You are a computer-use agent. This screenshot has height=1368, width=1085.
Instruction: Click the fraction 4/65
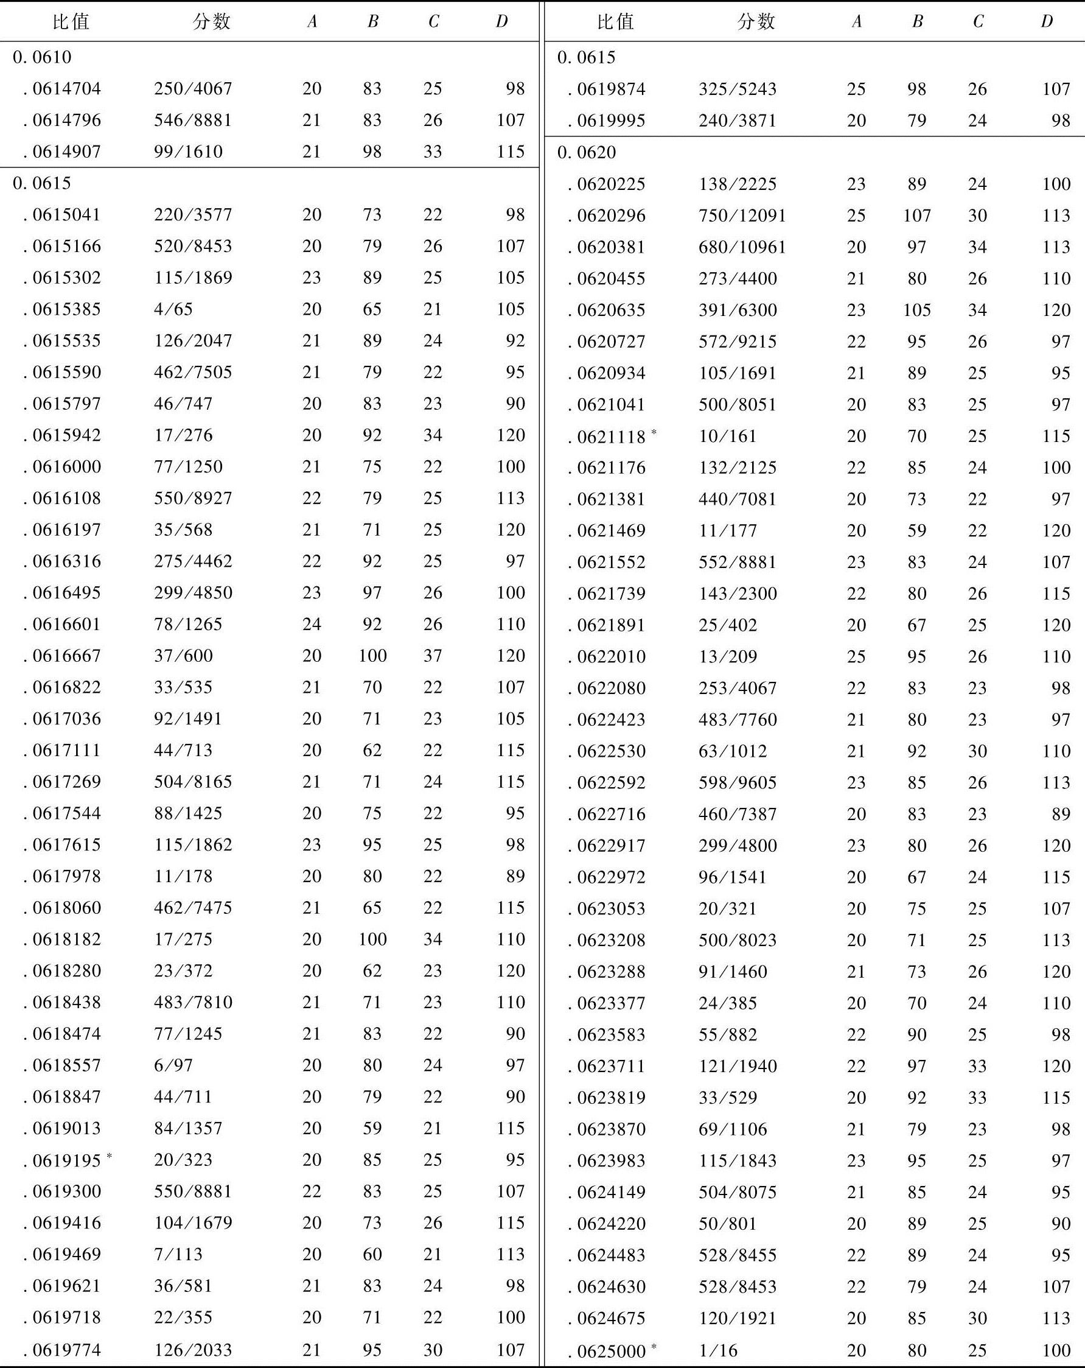(x=172, y=309)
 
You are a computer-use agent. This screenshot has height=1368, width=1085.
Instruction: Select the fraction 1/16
(x=718, y=1350)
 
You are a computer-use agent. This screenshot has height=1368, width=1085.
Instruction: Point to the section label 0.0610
(x=42, y=57)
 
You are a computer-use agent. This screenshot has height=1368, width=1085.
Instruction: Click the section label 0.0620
(x=587, y=152)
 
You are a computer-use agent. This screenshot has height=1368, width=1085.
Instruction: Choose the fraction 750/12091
(x=742, y=216)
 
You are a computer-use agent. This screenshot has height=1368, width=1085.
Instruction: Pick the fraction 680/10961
(x=742, y=247)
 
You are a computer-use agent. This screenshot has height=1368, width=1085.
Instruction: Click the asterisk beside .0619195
(x=109, y=1156)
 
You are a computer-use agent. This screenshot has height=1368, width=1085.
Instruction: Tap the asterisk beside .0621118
(x=654, y=432)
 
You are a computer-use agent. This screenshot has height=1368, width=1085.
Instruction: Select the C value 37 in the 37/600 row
(x=433, y=656)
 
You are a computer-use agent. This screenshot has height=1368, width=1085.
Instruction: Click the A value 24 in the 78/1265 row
(x=312, y=623)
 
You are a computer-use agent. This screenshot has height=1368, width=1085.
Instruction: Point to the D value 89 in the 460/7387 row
(x=1060, y=814)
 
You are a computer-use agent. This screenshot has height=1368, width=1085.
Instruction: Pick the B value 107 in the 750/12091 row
(x=916, y=216)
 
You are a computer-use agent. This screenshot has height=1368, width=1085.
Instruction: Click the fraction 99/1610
(x=187, y=152)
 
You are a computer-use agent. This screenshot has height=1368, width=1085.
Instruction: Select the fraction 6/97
(x=172, y=1065)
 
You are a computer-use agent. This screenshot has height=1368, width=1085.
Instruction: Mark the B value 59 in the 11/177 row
(x=916, y=530)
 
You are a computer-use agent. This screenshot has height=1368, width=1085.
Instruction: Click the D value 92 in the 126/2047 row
(x=515, y=341)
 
